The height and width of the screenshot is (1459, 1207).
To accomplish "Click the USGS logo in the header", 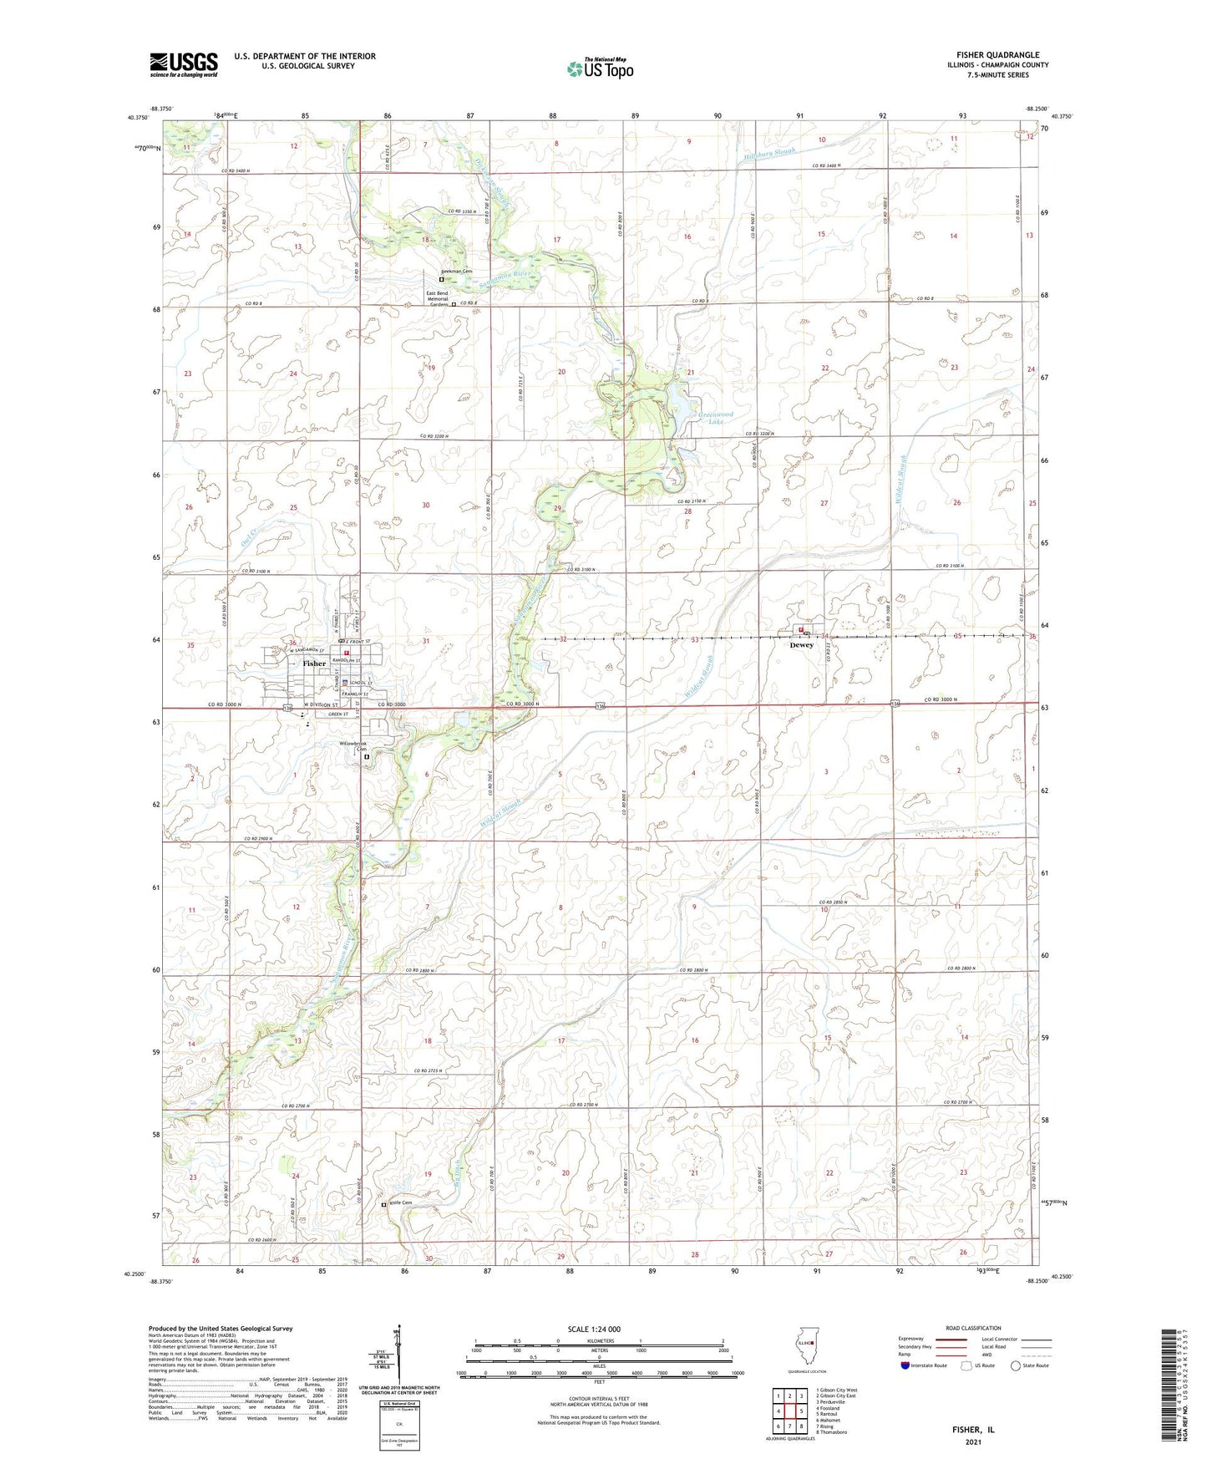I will (184, 64).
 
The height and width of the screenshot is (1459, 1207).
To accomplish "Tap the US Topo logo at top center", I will (599, 69).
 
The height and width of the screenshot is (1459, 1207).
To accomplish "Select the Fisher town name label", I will (314, 663).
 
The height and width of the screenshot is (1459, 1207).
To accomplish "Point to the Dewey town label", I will (801, 645).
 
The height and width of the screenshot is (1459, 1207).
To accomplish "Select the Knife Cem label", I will (401, 1203).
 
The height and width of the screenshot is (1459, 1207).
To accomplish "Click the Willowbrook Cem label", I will (352, 746).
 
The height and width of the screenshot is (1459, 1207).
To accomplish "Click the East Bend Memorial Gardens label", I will (437, 299).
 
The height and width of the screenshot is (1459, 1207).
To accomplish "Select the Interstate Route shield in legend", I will (906, 1365).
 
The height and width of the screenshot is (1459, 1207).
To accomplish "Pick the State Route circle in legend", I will (1016, 1365).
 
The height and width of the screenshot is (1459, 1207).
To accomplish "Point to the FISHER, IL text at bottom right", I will (973, 1430).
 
